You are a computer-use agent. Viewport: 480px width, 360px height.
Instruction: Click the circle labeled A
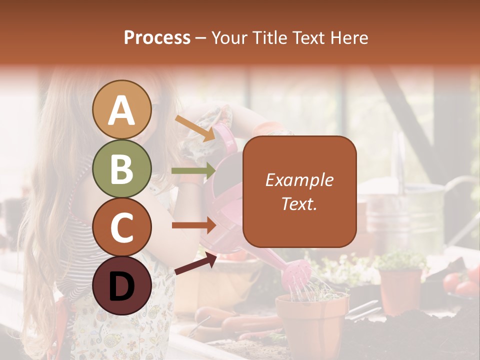coord(122,110)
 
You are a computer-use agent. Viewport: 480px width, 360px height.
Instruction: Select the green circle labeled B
coord(122,168)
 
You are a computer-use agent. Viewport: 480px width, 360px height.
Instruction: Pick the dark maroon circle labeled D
coord(122,285)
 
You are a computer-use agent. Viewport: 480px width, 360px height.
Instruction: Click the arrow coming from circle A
coord(195,128)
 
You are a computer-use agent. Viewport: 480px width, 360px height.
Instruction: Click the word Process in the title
coord(157,37)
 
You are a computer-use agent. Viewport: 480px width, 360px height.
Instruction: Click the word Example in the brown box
coord(299,180)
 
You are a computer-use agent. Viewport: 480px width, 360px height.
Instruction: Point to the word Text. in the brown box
coord(299,203)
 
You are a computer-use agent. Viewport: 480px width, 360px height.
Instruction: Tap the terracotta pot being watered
coord(311,320)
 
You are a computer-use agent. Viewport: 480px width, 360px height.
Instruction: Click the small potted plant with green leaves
coord(400,280)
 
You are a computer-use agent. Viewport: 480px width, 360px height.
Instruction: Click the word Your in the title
coord(228,37)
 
